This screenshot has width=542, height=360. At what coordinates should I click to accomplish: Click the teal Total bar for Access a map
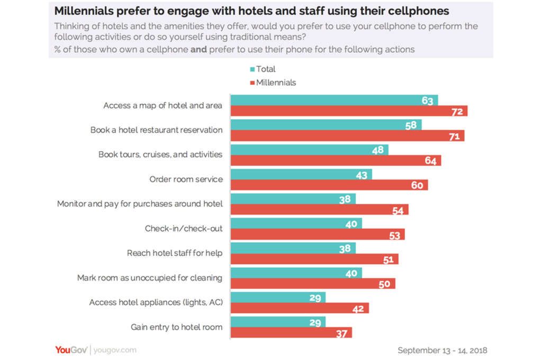333,100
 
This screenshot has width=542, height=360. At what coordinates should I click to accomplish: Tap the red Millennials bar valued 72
349,111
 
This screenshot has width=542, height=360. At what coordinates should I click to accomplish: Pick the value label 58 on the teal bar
411,125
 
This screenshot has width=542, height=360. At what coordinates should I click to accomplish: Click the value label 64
430,160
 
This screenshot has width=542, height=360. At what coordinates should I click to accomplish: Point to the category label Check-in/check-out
184,229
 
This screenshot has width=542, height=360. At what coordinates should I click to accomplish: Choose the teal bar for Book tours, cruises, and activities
310,150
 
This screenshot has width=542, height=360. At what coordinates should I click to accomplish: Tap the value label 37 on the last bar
341,333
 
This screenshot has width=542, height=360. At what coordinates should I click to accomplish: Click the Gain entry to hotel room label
176,327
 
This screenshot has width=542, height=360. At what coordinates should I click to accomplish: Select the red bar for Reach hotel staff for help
314,259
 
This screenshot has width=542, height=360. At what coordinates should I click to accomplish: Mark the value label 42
358,309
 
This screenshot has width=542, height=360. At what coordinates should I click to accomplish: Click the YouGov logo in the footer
71,349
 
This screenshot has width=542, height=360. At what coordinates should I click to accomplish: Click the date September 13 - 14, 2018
442,350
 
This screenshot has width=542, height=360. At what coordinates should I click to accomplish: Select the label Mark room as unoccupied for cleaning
149,278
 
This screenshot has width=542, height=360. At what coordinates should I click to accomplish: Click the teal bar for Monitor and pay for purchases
293,199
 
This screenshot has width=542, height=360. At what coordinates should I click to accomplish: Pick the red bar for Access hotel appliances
300,308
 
